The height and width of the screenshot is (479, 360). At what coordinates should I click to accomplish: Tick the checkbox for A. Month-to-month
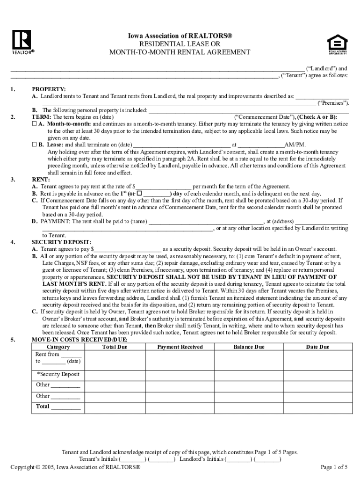point(34,124)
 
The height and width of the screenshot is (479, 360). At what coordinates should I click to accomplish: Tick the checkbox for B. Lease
point(34,145)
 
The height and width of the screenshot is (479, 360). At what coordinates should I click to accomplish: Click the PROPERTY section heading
point(49,89)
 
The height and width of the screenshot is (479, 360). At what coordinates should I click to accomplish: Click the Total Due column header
point(115,347)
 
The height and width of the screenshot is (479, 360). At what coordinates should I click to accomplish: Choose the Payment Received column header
point(180,347)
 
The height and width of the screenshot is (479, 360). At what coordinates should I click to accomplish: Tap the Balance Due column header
point(249,347)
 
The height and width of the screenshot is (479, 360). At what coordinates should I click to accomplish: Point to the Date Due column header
point(317,347)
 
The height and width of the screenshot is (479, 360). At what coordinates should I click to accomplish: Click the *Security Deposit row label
point(58,374)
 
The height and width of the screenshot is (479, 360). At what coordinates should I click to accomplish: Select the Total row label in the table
point(43,406)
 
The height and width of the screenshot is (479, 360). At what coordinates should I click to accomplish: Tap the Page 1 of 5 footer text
point(334,467)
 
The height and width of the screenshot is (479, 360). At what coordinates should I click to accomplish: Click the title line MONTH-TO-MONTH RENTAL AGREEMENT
point(180,52)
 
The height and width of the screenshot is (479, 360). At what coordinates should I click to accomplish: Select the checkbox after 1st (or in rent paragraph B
point(139,194)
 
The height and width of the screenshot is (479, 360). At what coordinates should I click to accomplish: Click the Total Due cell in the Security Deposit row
point(115,374)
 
